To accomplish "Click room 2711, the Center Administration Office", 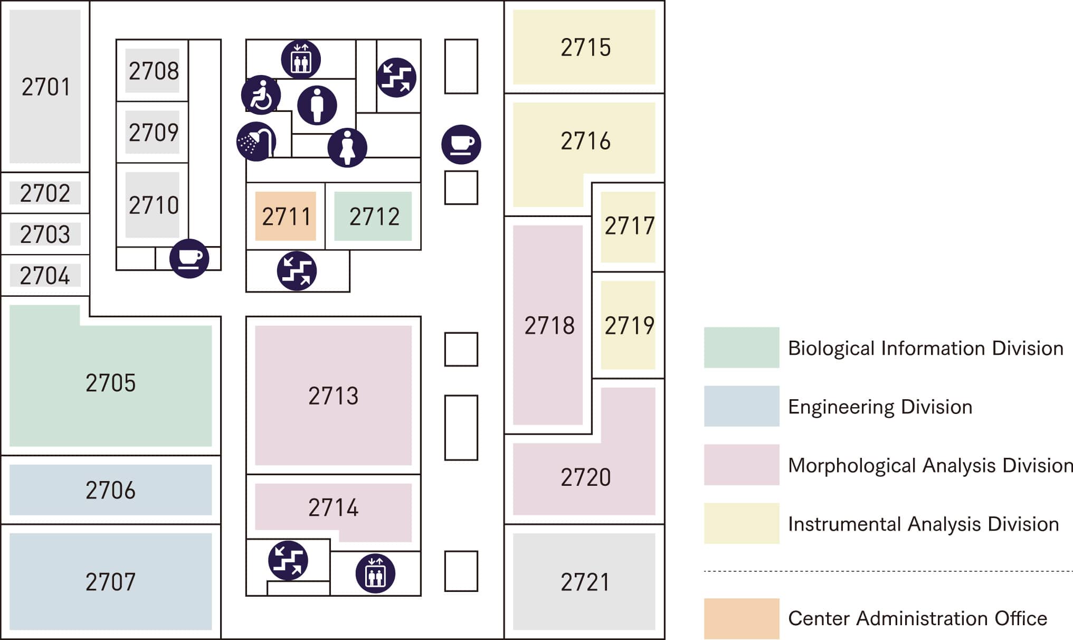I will pos(286,217).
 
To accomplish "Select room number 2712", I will pos(374,217).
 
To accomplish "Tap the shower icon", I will pos(257,141).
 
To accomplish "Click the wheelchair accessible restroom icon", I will pos(261,96).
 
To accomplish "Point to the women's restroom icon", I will pos(347,147).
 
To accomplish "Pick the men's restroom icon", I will pos(317,105).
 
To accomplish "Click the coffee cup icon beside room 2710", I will pos(189,258).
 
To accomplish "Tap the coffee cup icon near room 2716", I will pos(461,144).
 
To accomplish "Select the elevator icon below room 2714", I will pos(375,573).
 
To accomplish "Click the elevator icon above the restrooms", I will pos(300,59).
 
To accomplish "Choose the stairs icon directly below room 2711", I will pos(297,271).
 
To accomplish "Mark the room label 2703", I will pos(45,234).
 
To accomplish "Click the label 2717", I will pos(629,226).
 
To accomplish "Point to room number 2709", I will pos(154,133).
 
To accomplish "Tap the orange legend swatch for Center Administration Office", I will pos(741,618).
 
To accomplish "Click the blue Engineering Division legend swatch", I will pos(741,406).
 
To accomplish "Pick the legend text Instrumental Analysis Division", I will pos(923,524).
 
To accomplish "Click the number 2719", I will pos(629,325).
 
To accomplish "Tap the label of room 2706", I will pos(110,490).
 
